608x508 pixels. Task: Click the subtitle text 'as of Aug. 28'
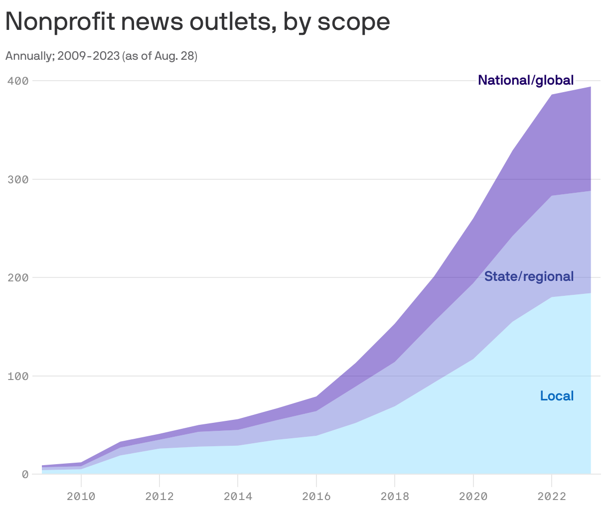coord(159,56)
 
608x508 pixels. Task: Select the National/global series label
coord(526,80)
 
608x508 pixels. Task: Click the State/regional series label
coord(529,276)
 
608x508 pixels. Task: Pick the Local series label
coord(557,396)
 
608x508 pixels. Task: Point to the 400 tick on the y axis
coord(17,80)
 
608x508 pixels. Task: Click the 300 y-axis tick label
coord(17,179)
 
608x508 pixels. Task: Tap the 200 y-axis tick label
coord(17,277)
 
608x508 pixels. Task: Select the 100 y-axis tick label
coord(17,376)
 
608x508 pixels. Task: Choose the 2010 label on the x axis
coord(81,496)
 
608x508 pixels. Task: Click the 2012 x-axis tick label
coord(159,496)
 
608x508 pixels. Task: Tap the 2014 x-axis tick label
coord(238,496)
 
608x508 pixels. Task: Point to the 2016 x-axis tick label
coord(316,496)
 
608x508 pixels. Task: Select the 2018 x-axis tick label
coord(395,496)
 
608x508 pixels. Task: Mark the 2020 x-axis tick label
coord(473,496)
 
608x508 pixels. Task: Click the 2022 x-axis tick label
coord(552,496)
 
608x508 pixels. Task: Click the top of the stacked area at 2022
coord(552,95)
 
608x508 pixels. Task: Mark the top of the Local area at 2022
coord(552,297)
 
